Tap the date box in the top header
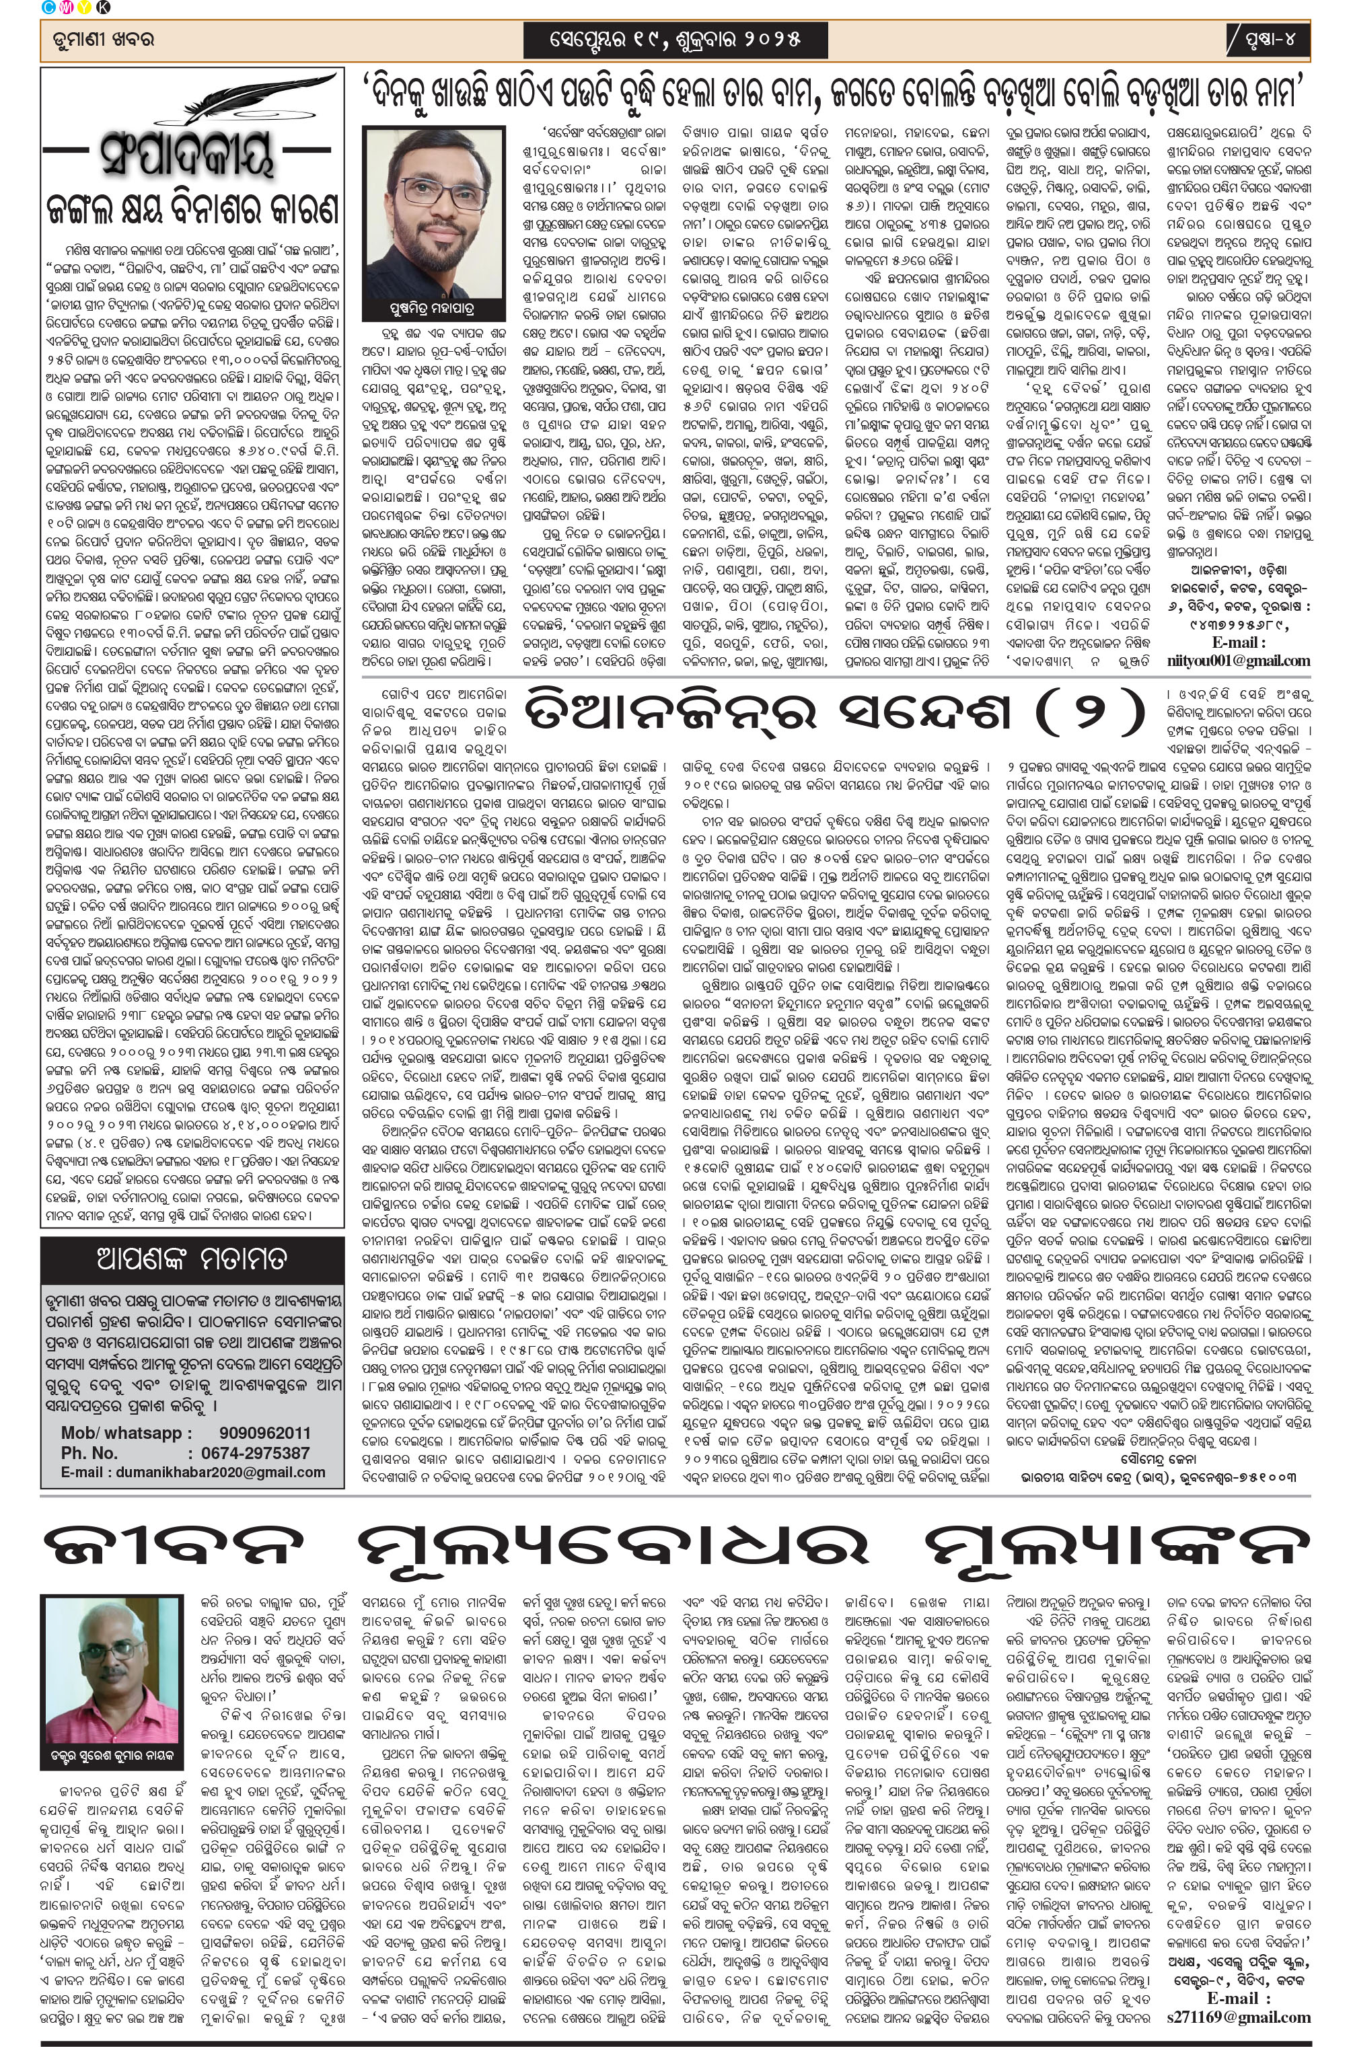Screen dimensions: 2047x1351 coord(675,39)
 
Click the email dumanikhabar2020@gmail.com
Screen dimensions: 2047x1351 coord(193,1473)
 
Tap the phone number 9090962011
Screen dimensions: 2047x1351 coord(264,1433)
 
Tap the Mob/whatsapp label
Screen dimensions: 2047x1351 coord(126,1433)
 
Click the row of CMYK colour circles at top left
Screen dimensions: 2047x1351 coord(74,9)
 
